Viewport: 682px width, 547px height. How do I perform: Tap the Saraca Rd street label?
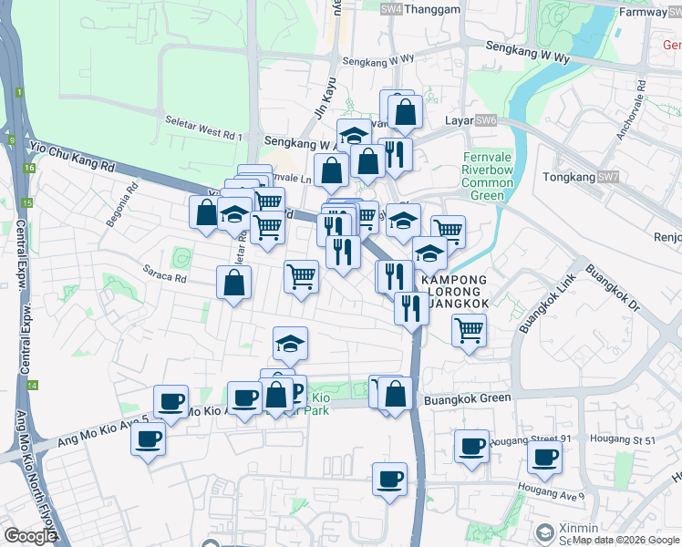(164, 271)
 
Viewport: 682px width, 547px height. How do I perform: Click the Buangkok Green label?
(467, 398)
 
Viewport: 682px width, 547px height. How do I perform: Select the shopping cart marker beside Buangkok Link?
(469, 330)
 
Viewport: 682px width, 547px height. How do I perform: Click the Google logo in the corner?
(30, 536)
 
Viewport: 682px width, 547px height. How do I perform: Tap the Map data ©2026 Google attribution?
(625, 540)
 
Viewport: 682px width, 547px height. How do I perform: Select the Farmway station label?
(643, 12)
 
